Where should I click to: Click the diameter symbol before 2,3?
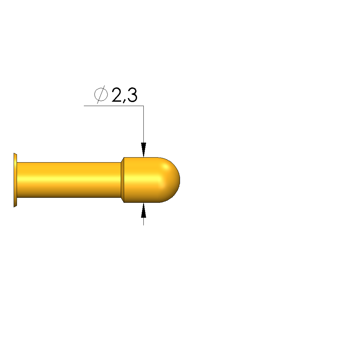pos(101,94)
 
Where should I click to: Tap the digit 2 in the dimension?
pos(117,95)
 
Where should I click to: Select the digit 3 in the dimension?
pos(132,95)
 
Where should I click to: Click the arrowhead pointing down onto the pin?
pos(144,150)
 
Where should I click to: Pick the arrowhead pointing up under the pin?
pos(144,210)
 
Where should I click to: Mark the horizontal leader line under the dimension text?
pos(114,106)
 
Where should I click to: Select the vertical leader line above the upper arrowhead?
pos(144,124)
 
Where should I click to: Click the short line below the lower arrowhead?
pos(144,221)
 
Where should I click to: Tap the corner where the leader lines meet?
pos(144,106)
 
